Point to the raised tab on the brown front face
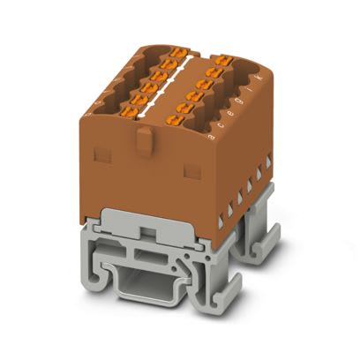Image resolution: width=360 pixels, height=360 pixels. (144, 138)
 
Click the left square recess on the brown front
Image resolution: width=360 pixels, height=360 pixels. (101, 155)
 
